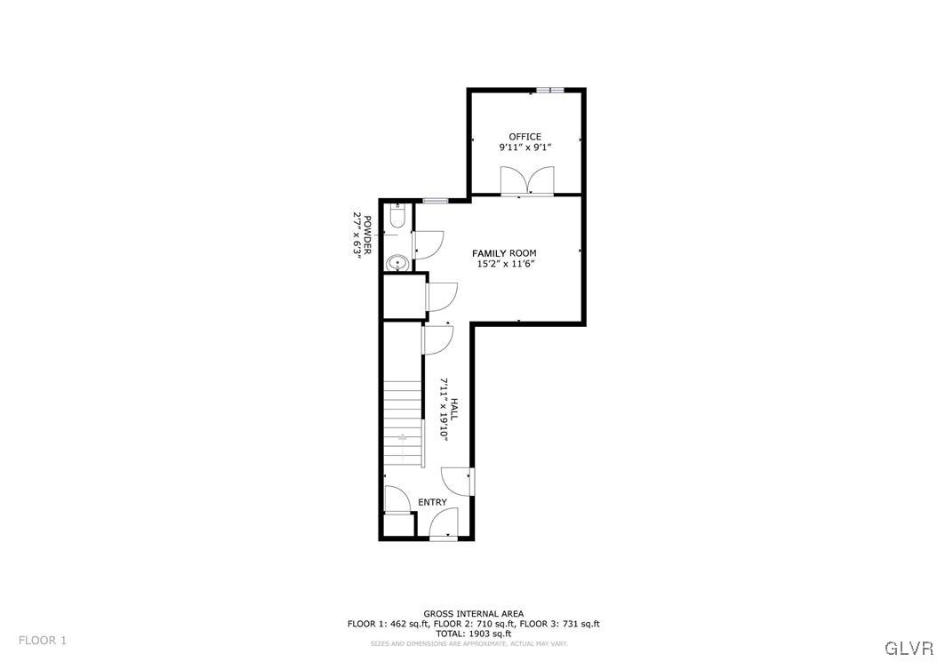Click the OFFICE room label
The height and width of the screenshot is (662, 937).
point(525,137)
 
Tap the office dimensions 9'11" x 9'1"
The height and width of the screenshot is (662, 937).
point(525,148)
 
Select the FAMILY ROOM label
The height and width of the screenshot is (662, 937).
point(504,253)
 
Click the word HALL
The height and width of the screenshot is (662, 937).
point(453,410)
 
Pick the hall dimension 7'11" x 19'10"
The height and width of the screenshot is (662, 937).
point(443,410)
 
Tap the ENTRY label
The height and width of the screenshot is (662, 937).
point(432,503)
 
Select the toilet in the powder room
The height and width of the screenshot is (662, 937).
point(397,216)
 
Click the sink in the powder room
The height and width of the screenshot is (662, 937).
point(397,262)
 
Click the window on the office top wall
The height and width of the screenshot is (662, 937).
point(549,90)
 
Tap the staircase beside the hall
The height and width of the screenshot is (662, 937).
point(403,422)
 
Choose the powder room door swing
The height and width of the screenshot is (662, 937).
point(428,243)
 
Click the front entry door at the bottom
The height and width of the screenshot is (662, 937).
point(443,524)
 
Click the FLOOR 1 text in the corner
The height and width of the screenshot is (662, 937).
point(43,640)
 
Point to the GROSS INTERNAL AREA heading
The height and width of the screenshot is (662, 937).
point(473,613)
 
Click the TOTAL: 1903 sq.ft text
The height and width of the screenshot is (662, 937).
point(473,634)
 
